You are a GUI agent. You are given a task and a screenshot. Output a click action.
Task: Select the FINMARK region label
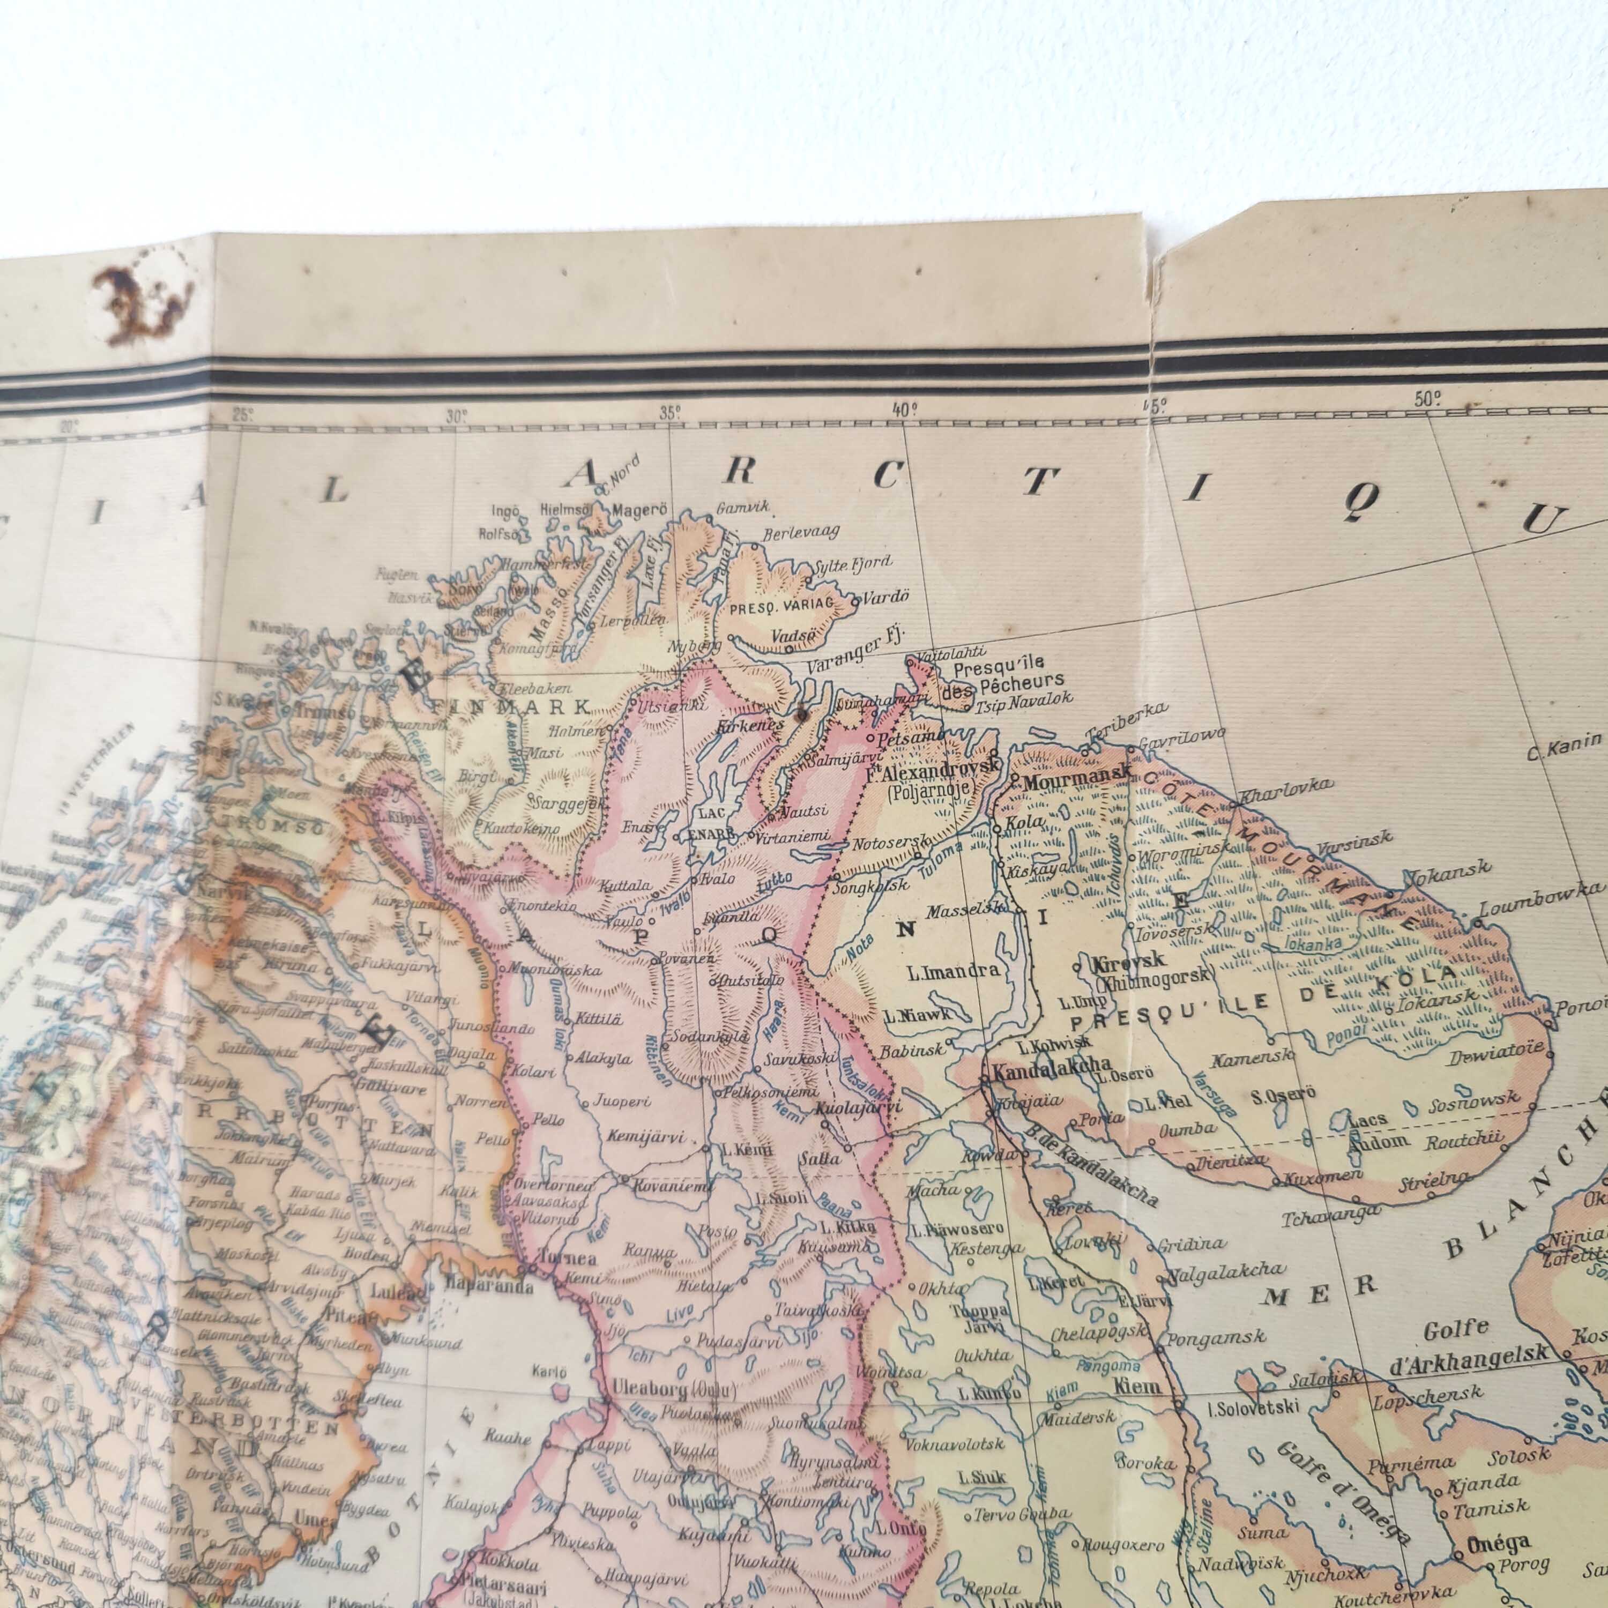510,708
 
